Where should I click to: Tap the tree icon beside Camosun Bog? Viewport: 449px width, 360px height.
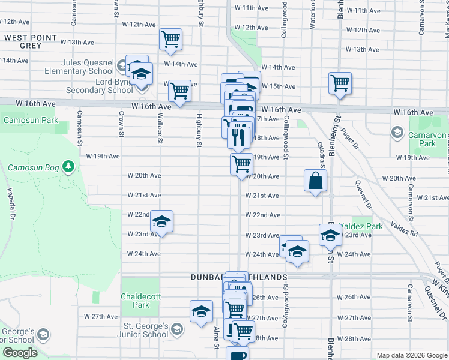click(69, 165)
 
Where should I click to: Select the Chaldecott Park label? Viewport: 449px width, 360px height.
click(142, 301)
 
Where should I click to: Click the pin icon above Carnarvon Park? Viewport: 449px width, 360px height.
click(397, 131)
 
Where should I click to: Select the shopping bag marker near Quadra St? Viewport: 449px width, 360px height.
click(316, 181)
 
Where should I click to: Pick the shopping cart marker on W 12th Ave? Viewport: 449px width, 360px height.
click(171, 39)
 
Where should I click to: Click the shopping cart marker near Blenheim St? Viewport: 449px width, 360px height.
click(340, 82)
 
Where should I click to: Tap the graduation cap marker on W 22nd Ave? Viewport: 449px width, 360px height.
click(161, 221)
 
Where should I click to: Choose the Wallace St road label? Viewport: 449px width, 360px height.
click(160, 130)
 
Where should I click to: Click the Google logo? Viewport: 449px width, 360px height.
click(20, 353)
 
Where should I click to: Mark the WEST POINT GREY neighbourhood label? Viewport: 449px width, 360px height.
click(31, 41)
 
